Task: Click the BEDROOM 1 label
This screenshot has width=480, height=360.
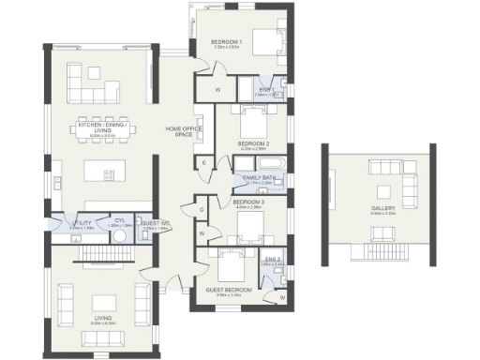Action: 227,42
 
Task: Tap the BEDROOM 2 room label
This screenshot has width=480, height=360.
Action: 253,142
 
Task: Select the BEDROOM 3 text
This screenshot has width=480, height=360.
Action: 248,202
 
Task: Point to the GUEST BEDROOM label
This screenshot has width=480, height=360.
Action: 229,290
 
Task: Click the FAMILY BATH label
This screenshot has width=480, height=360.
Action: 259,177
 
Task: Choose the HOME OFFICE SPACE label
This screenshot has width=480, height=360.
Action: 178,131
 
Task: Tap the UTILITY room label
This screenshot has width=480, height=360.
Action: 82,222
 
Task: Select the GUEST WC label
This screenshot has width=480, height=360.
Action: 153,222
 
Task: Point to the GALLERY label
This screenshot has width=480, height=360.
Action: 382,208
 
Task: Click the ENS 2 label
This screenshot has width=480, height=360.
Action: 272,259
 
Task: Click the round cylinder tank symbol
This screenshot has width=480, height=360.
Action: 119,236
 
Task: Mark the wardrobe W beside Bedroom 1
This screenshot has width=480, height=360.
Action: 217,89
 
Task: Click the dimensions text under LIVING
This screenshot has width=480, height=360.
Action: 102,323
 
